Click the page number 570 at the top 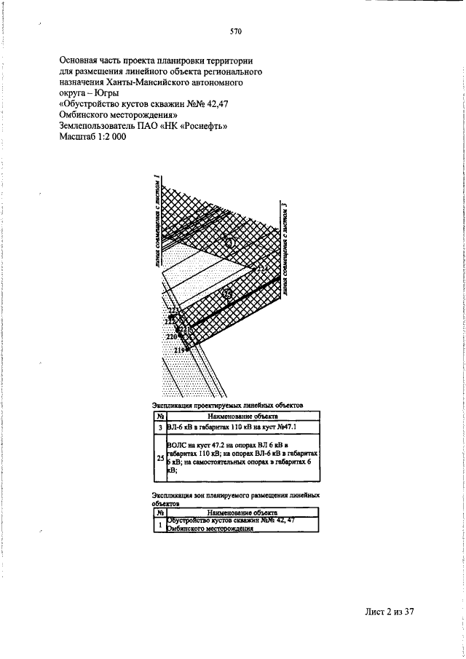235,31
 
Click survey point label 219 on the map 180,350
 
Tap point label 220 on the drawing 172,337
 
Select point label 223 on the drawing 173,312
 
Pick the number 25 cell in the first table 159,459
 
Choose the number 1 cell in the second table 159,526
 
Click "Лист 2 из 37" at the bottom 389,612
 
